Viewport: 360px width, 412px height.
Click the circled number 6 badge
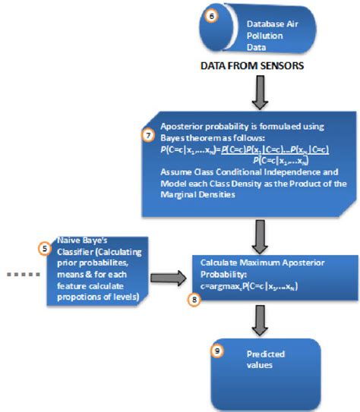pos(212,14)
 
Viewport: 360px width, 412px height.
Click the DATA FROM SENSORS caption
pos(252,66)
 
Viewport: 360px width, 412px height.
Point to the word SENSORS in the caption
pos(279,66)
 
